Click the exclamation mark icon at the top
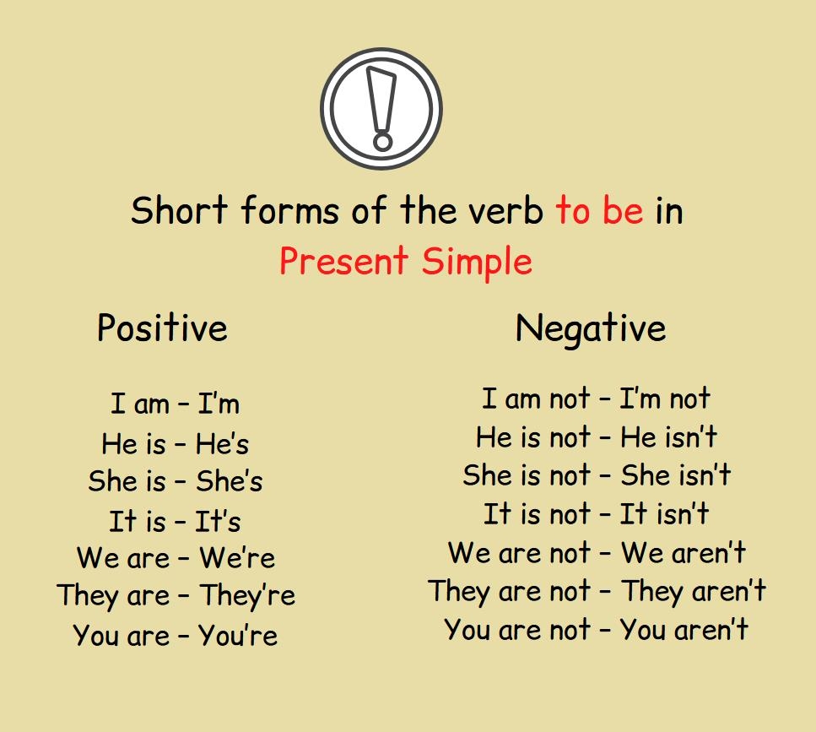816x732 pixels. pos(381,109)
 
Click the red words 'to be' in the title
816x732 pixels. pos(599,210)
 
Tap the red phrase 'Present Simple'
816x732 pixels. pos(406,261)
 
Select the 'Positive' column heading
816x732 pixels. pos(162,328)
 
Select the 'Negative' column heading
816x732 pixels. pos(591,328)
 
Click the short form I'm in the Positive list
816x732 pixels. pos(219,404)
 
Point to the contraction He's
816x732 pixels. pos(222,443)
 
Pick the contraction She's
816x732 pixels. pos(230,481)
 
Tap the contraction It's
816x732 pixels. pos(219,520)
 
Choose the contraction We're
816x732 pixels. pos(237,558)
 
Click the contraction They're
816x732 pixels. pos(247,596)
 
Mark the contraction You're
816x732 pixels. pos(238,635)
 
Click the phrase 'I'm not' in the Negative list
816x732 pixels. pos(665,399)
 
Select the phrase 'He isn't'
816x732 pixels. pos(669,437)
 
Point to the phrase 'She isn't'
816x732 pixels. pos(676,475)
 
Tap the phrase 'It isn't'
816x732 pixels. pos(664,514)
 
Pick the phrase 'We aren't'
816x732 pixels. pos(684,553)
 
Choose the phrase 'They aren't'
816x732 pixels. pos(694,591)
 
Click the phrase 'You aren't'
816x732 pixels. pos(684,630)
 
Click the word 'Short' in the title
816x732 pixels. pos(180,210)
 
